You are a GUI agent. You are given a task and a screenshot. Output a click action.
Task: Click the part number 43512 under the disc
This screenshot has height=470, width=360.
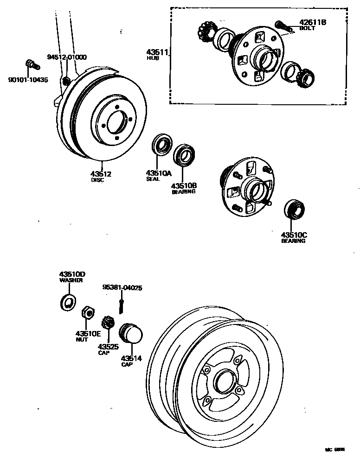click(x=101, y=174)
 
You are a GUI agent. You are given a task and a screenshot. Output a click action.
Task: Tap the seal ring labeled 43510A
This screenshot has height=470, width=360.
click(x=161, y=145)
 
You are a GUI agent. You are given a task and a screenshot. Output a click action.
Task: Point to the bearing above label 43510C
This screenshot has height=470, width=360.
click(x=293, y=209)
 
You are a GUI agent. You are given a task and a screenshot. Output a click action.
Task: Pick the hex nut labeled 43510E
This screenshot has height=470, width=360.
click(x=87, y=313)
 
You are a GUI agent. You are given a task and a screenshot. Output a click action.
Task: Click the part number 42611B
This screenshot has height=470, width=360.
click(x=313, y=22)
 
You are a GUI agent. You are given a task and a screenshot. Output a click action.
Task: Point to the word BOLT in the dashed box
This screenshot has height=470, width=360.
click(x=307, y=28)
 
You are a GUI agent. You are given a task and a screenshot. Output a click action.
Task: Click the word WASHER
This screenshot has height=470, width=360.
click(x=71, y=280)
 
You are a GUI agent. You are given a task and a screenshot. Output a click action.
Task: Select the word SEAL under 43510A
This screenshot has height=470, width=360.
click(x=153, y=179)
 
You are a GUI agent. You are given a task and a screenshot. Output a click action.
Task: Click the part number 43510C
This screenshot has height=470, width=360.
click(x=294, y=235)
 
